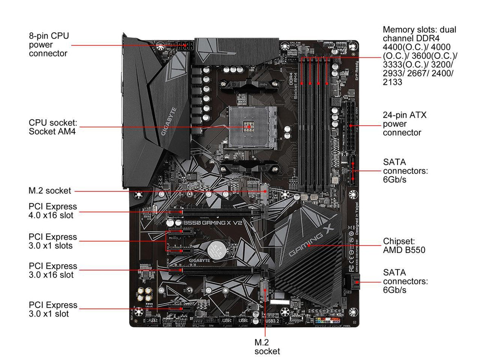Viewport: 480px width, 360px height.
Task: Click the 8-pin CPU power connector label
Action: pos(49,44)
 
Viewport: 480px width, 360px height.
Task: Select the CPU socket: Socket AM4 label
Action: pos(53,127)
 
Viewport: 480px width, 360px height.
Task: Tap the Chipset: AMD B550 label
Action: pos(404,245)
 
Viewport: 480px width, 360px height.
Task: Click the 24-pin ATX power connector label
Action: pos(404,124)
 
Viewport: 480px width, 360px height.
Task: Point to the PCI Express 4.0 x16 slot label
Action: pos(53,211)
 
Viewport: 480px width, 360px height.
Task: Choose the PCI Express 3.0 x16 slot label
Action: pos(53,270)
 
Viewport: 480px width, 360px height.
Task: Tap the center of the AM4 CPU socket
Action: pos(249,127)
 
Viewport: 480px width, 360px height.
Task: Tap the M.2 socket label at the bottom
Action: pos(267,347)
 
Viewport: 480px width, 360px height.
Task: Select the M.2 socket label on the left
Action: pos(50,191)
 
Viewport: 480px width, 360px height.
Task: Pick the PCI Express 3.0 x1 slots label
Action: pos(53,241)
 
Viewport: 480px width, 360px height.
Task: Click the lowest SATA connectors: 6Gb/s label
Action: pos(405,281)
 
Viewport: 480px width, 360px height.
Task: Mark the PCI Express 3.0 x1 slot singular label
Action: pos(53,309)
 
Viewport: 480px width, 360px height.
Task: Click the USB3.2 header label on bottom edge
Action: pos(272,321)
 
